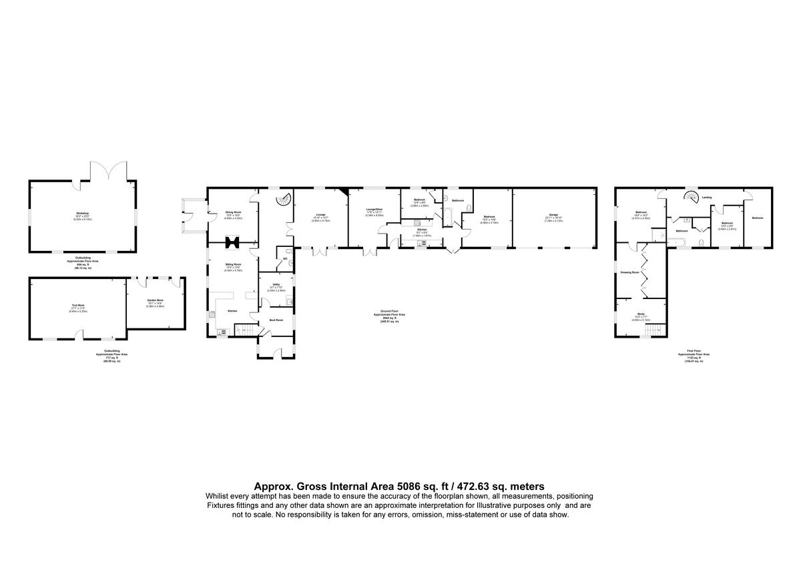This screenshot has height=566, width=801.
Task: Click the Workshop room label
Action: [82, 213]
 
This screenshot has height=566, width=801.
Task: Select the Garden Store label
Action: [156, 300]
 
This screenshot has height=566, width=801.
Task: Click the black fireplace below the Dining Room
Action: [233, 242]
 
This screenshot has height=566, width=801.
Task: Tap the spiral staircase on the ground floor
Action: [283, 198]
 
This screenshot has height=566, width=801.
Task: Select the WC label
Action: [285, 258]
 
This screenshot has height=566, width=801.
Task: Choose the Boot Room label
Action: [276, 320]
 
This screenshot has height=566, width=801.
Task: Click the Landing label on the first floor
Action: [706, 198]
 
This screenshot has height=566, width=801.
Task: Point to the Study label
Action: [640, 314]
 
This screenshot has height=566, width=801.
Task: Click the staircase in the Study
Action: [656, 330]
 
